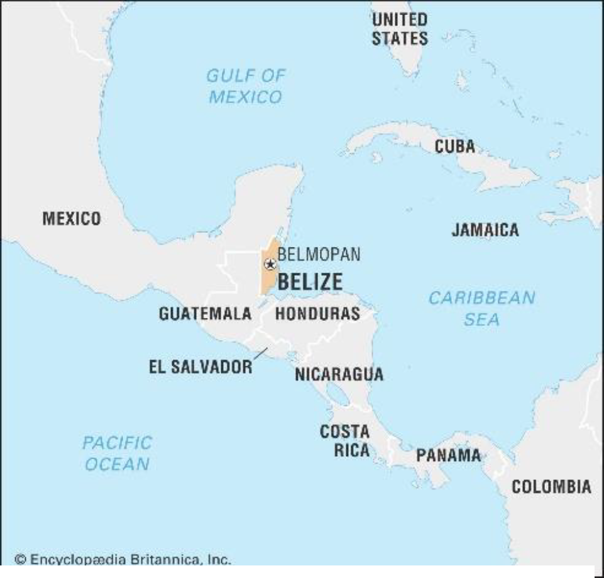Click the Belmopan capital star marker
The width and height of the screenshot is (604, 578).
click(x=270, y=264)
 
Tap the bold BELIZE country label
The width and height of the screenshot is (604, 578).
click(x=310, y=282)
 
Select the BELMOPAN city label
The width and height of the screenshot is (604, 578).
click(x=319, y=254)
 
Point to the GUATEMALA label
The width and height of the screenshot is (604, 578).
click(x=205, y=314)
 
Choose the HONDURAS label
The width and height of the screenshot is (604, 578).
click(x=317, y=314)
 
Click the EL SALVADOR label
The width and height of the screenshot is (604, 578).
click(x=200, y=368)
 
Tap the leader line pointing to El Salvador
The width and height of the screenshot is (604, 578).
click(x=260, y=354)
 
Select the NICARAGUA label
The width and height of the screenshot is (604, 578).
click(x=339, y=374)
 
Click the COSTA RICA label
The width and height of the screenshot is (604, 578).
click(x=344, y=441)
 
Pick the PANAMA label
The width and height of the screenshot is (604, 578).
click(x=448, y=455)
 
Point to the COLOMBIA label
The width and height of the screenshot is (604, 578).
click(x=551, y=487)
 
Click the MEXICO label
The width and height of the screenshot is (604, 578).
click(x=71, y=219)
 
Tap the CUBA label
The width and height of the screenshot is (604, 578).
click(x=454, y=146)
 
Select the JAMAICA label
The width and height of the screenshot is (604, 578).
click(x=485, y=230)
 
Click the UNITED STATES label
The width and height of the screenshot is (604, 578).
click(x=399, y=29)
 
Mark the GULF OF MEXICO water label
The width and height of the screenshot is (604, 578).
click(x=245, y=86)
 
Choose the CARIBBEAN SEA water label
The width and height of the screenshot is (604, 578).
click(x=481, y=308)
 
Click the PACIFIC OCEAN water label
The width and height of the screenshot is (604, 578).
click(x=117, y=453)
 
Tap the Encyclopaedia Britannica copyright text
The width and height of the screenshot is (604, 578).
click(x=123, y=559)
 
